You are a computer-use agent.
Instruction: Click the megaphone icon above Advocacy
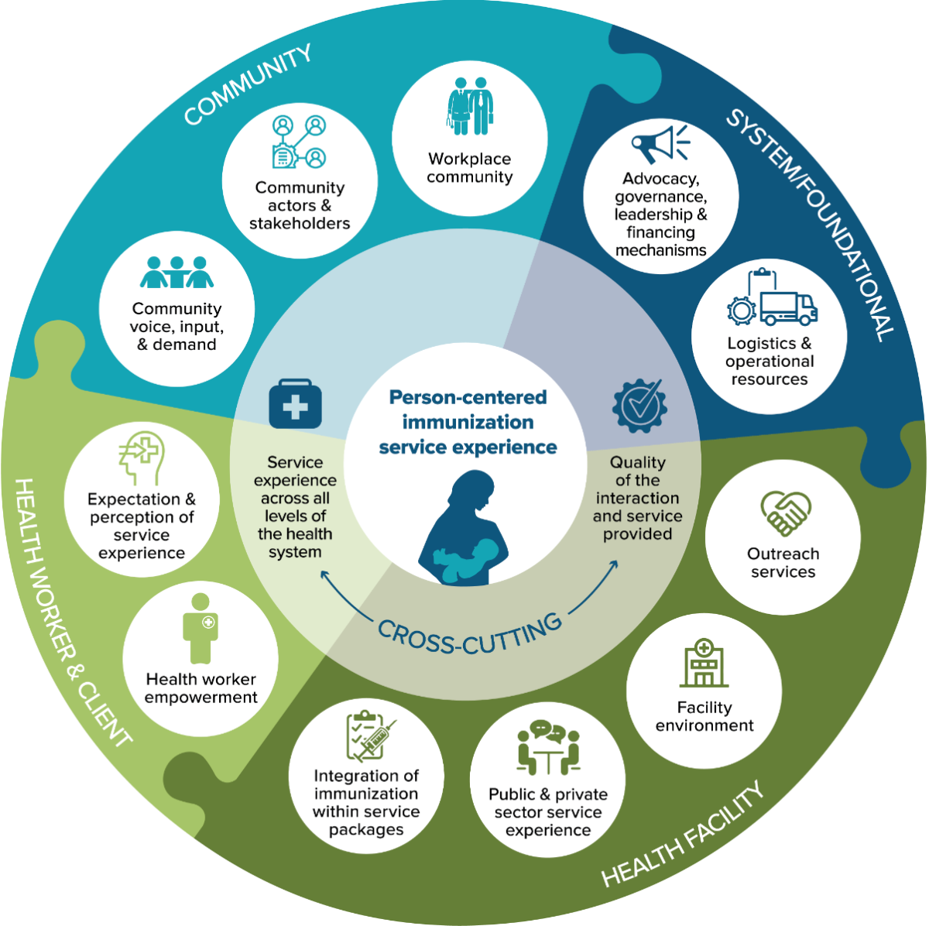click(x=660, y=144)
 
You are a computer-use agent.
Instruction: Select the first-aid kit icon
click(x=295, y=404)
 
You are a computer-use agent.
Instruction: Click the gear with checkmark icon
click(x=639, y=405)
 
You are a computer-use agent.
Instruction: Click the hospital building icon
click(x=704, y=664)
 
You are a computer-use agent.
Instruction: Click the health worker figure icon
click(x=201, y=629)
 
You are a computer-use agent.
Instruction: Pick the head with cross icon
click(x=142, y=458)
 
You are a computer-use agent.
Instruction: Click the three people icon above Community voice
click(x=177, y=272)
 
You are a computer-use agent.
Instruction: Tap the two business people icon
click(x=470, y=106)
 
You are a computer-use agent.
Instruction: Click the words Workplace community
click(x=470, y=168)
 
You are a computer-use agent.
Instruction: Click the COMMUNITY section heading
click(x=248, y=84)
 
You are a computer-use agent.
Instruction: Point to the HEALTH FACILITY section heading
click(x=683, y=834)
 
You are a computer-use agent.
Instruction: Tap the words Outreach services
click(x=783, y=563)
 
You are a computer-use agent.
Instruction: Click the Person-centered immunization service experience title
click(x=468, y=423)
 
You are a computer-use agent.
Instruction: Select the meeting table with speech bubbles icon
click(x=548, y=748)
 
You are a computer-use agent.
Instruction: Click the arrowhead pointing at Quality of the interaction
click(x=614, y=564)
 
